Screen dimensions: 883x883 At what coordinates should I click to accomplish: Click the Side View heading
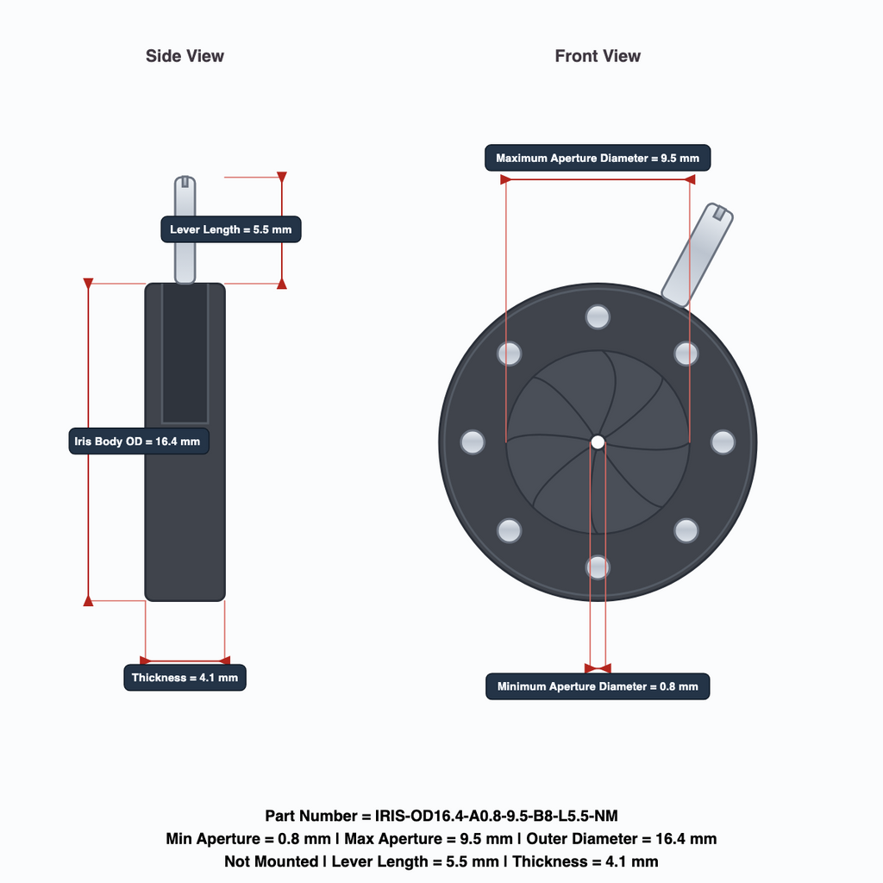(185, 56)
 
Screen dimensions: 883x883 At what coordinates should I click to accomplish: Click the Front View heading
(598, 56)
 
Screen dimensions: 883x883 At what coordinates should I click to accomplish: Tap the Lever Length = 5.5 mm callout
(231, 229)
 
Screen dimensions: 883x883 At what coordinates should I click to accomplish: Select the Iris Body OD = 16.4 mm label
(139, 441)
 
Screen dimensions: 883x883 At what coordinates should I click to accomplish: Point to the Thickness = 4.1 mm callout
(185, 678)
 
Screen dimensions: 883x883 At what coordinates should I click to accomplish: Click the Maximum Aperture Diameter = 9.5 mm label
(598, 158)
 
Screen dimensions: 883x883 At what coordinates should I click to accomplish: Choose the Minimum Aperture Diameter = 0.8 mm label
(598, 686)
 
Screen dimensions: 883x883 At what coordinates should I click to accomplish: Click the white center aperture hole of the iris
(598, 442)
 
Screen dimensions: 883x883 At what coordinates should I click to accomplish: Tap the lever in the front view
(697, 255)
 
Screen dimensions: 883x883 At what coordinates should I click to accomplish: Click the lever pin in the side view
(185, 229)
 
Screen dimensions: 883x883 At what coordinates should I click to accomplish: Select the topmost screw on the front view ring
(598, 316)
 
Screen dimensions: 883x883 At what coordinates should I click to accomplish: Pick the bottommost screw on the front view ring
(598, 567)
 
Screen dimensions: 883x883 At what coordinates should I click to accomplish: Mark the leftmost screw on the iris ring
(473, 442)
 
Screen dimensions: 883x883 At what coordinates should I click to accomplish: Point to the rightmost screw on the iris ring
(723, 442)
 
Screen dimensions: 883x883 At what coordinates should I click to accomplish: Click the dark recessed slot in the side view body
(185, 353)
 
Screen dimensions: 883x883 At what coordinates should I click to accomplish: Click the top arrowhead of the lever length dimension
(282, 177)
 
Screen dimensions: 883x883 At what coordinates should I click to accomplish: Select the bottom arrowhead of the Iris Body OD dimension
(89, 601)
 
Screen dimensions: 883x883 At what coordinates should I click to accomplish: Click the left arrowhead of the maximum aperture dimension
(505, 179)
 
